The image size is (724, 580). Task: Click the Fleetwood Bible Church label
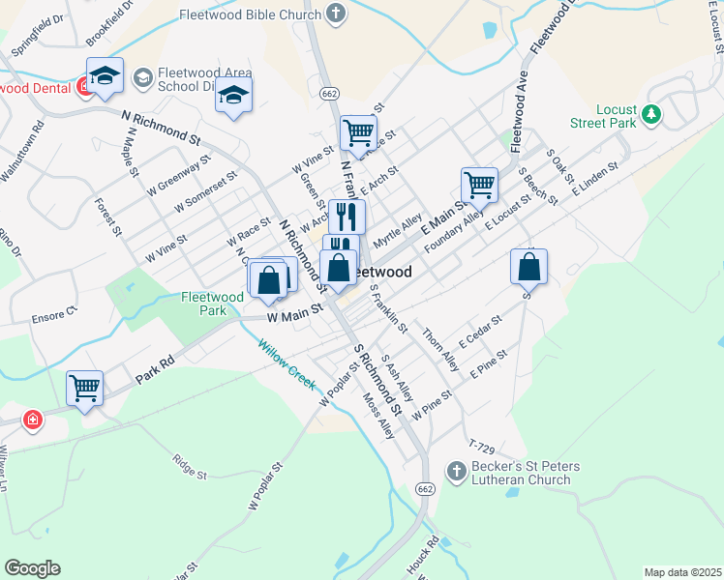click(249, 14)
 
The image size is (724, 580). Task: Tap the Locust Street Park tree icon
click(653, 115)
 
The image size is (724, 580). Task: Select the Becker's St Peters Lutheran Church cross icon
click(456, 471)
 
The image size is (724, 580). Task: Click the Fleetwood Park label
click(211, 304)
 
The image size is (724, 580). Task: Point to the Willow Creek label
click(287, 362)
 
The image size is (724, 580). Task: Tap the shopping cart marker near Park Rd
click(84, 389)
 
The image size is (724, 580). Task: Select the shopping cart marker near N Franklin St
click(358, 132)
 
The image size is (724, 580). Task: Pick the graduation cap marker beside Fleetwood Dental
click(105, 74)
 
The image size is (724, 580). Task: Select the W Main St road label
click(294, 315)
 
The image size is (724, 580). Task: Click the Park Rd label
click(155, 365)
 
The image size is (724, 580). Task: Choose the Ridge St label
click(189, 468)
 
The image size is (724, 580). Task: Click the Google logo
click(32, 567)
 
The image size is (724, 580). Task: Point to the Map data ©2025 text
click(682, 572)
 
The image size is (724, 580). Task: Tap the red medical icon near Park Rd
click(32, 420)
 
